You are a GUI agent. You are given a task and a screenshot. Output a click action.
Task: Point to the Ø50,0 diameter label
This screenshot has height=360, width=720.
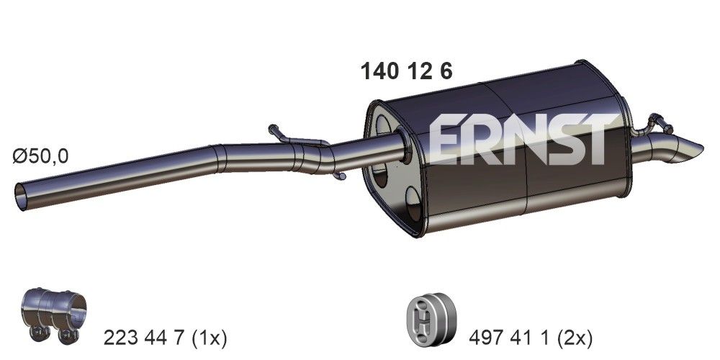(x=40, y=156)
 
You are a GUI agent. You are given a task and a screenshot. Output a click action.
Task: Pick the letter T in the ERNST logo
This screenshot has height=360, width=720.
(x=596, y=138)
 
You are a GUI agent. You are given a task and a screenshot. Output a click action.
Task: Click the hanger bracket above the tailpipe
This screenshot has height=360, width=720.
(x=656, y=122)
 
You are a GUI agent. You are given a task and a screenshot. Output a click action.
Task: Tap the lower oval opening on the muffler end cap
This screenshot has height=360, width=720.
(x=413, y=204)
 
